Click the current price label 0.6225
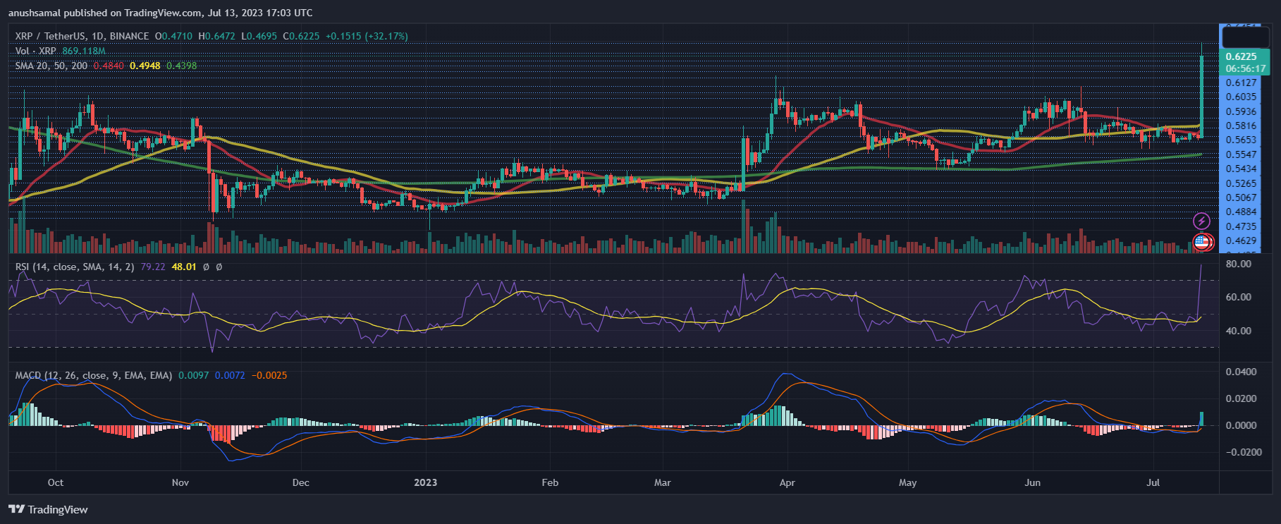1241,56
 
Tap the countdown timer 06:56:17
1245,68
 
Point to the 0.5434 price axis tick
1241,169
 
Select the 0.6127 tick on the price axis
1241,83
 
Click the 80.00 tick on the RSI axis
1238,264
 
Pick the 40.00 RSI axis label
1238,331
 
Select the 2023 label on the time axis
425,482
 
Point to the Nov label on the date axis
180,482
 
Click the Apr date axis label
787,482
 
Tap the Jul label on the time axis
1153,482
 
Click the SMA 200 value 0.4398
182,66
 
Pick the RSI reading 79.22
153,267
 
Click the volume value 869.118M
84,51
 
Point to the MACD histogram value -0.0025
269,375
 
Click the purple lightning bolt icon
1201,221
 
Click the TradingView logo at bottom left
48,509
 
